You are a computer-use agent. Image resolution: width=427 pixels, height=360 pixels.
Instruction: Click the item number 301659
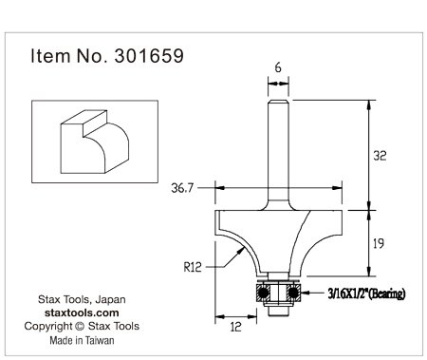point(149,56)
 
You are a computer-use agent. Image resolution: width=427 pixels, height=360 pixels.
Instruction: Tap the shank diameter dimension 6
point(278,67)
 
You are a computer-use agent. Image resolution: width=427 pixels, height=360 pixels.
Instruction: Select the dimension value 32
point(380,156)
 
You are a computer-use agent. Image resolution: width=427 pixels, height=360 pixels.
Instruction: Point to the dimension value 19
point(379,243)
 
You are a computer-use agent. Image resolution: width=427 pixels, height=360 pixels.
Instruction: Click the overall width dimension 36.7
point(182,188)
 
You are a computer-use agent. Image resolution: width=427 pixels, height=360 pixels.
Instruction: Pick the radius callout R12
point(193,267)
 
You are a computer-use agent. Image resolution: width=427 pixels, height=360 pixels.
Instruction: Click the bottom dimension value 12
point(235,327)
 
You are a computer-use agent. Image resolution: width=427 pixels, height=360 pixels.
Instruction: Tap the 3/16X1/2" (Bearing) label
point(366,294)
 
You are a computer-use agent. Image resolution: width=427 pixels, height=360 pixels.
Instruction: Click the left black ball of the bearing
point(263,292)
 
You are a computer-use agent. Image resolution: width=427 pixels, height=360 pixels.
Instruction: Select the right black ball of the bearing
point(293,292)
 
